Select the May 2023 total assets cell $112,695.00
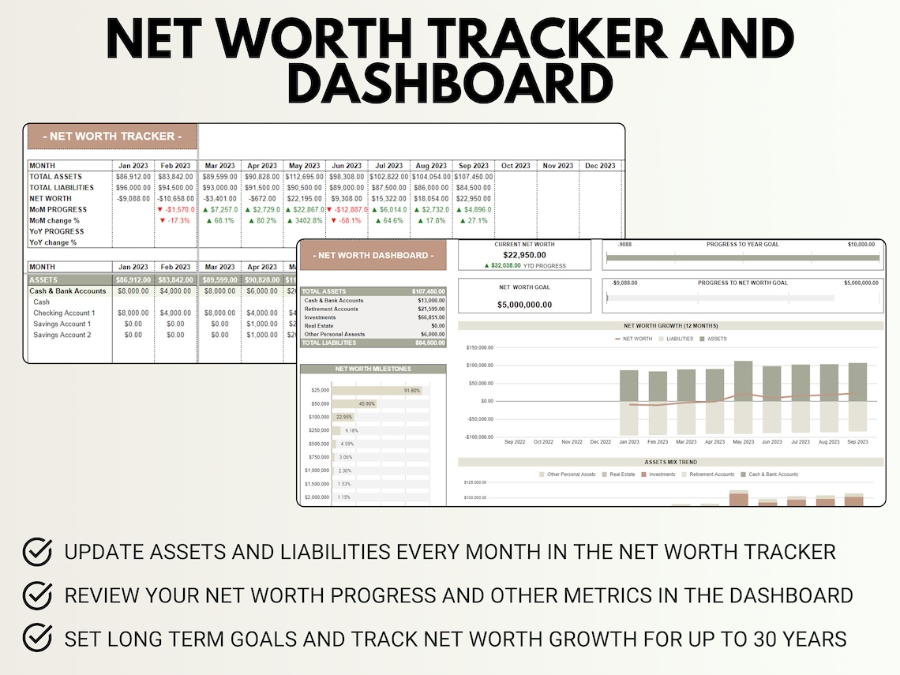click(305, 177)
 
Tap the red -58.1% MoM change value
click(347, 220)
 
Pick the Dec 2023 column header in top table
click(600, 166)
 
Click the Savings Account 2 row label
click(62, 335)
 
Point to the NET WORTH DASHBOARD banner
click(373, 255)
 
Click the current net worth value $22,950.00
click(524, 255)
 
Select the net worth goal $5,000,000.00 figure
click(524, 304)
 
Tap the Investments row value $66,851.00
click(430, 317)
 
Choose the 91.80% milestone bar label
click(411, 390)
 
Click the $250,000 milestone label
click(319, 430)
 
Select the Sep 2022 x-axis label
click(515, 442)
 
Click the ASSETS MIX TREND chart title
click(670, 462)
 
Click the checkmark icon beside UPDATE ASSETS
click(37, 550)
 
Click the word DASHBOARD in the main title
click(450, 84)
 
